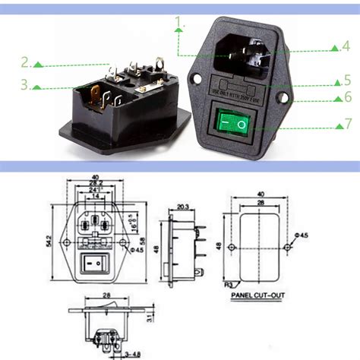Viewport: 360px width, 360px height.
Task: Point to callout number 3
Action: [x=26, y=84]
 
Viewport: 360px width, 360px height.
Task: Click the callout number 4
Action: [x=346, y=46]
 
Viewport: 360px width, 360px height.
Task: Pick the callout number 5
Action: [x=346, y=79]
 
